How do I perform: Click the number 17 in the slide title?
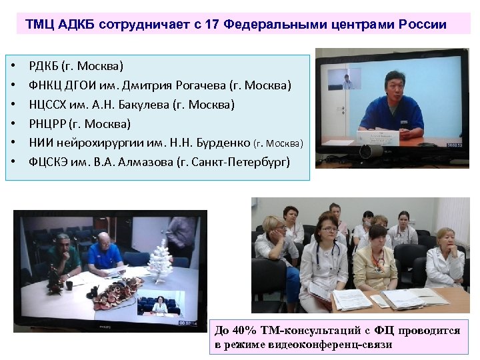click(x=212, y=25)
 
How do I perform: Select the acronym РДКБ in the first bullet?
click(x=44, y=66)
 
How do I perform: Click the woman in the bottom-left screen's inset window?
click(x=160, y=305)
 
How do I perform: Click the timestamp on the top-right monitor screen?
click(x=454, y=145)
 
